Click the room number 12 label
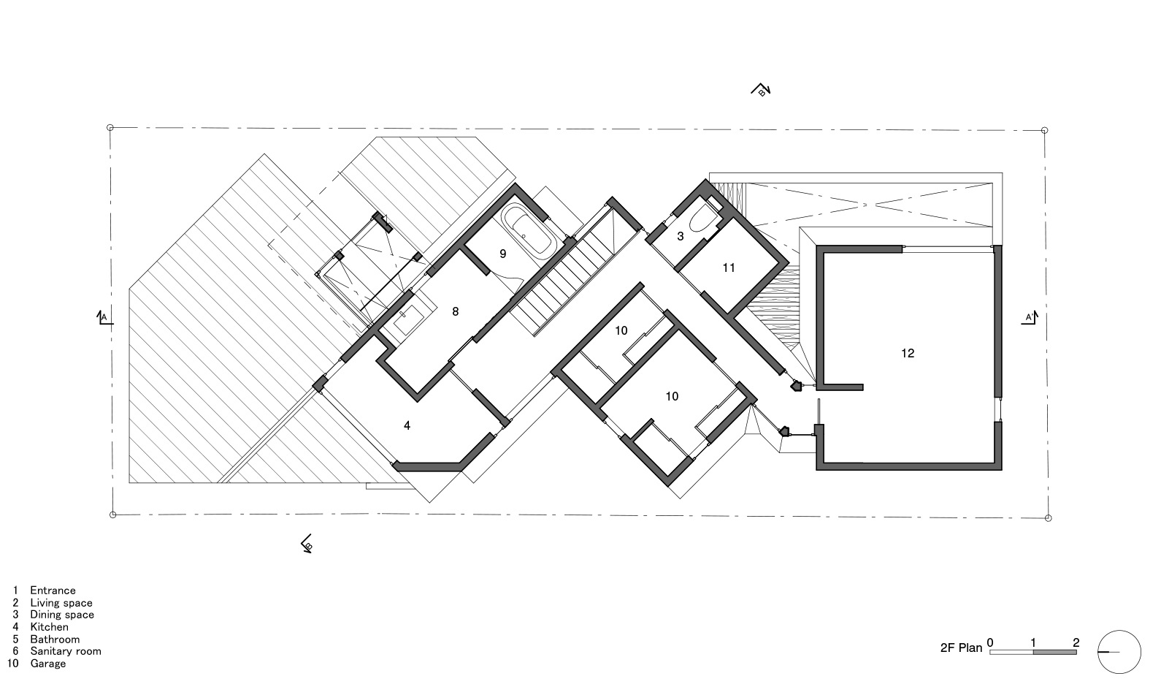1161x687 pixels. pos(908,354)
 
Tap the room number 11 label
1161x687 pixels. pos(729,268)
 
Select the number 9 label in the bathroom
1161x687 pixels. pos(502,254)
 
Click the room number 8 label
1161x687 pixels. pos(456,311)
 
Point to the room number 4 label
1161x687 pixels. pos(407,425)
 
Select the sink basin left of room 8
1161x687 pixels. pos(404,319)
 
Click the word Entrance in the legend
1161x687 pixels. pos(53,591)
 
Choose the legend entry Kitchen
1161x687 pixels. pos(49,627)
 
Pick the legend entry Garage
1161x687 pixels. pos(47,664)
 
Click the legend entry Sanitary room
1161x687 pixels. pos(65,651)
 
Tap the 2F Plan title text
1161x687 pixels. pos(961,648)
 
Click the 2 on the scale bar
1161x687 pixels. pos(1076,643)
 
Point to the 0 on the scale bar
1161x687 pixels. pos(990,643)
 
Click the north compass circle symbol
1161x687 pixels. pos(1119,651)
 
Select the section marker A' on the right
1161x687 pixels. pos(1030,317)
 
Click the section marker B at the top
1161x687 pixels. pos(761,91)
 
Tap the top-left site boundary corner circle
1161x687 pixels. pos(110,127)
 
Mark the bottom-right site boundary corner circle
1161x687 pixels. pos(1049,518)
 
